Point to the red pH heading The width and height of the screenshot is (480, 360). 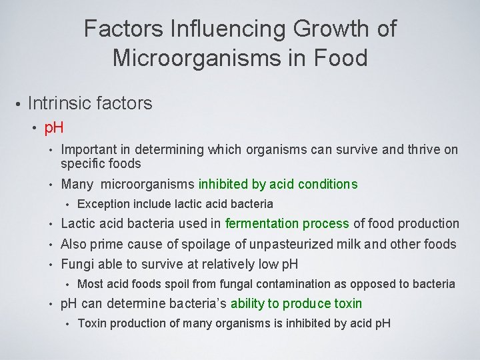(x=54, y=127)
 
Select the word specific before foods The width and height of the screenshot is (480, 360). (x=83, y=163)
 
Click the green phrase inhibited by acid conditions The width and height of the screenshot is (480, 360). (x=278, y=184)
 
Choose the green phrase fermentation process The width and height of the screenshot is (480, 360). (x=287, y=224)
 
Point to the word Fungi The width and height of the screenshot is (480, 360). (x=76, y=264)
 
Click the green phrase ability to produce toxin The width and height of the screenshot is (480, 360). (x=297, y=304)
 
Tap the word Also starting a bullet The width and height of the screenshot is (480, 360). (x=73, y=244)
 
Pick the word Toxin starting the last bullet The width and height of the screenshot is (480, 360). (x=92, y=324)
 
